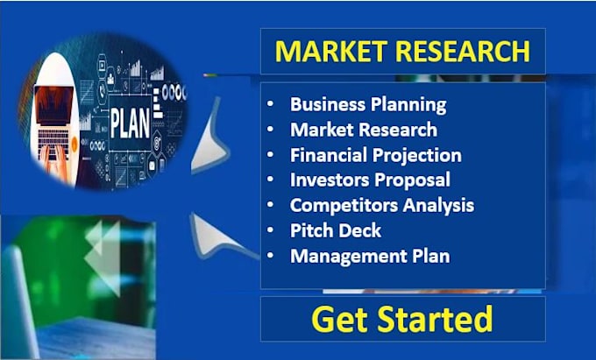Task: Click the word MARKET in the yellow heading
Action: (331, 52)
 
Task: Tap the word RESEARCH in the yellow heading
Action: (463, 52)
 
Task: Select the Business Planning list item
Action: (368, 104)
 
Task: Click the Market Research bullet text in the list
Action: (364, 130)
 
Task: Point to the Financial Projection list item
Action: (376, 155)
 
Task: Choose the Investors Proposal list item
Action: (370, 180)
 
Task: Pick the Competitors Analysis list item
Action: (382, 206)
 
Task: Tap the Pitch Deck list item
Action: (336, 230)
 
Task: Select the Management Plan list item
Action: (370, 256)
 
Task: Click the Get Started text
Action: (401, 319)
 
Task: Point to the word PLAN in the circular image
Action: (130, 124)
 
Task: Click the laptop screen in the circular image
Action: (53, 105)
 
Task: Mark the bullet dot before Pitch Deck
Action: (270, 230)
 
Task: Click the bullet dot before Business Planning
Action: (270, 103)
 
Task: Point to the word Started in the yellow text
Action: (435, 319)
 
